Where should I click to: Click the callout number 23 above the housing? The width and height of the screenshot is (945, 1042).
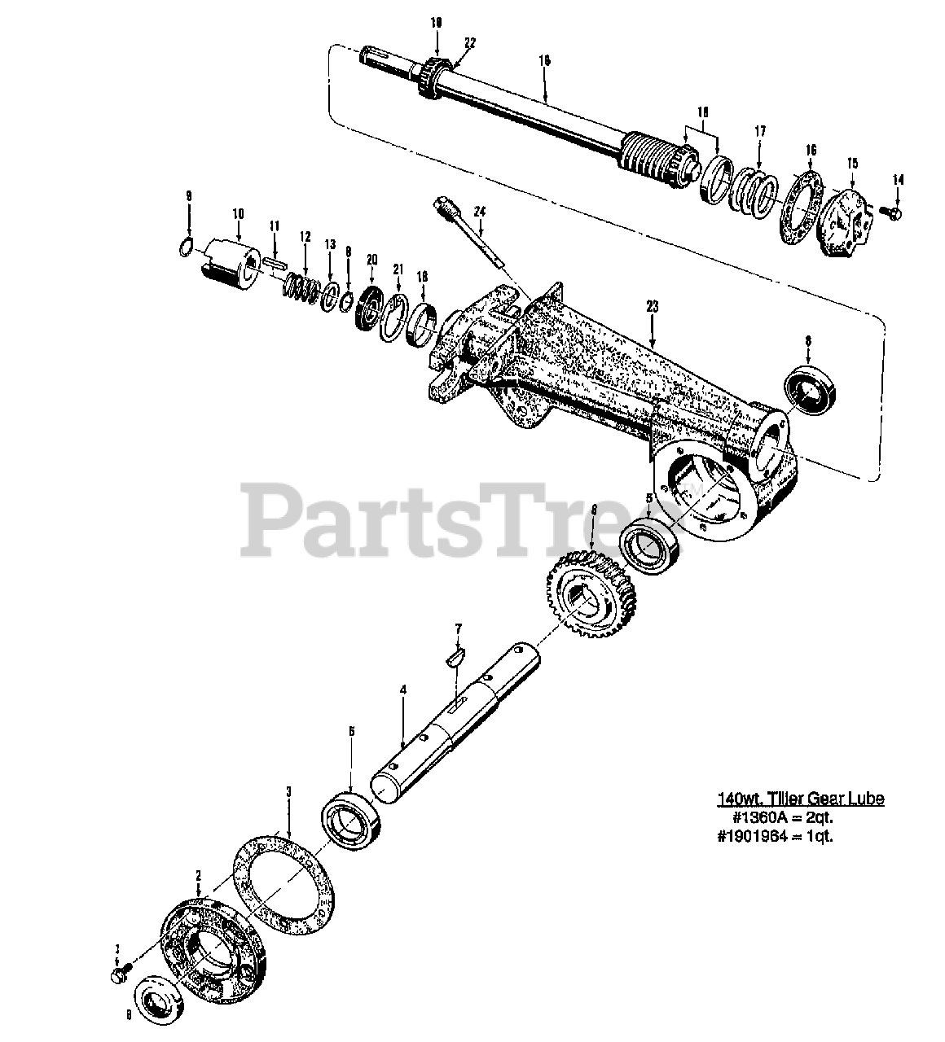click(652, 306)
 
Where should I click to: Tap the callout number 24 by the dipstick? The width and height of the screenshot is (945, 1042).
click(480, 211)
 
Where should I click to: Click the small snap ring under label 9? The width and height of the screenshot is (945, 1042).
click(186, 246)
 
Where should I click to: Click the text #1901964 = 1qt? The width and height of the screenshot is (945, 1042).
click(775, 835)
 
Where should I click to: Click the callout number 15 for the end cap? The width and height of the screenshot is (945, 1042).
click(852, 163)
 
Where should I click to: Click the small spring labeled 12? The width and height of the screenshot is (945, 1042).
click(303, 287)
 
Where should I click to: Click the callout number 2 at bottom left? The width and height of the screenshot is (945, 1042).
click(197, 875)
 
